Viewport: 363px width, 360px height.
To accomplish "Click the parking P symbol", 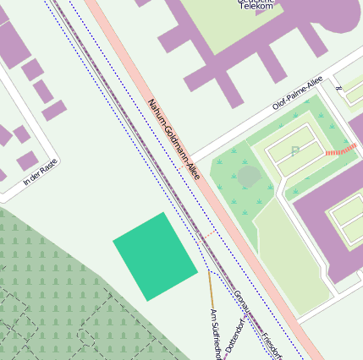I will point(294,151).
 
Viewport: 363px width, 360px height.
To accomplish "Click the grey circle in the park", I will point(249,177).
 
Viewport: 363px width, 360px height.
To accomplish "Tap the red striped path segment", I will point(340,151).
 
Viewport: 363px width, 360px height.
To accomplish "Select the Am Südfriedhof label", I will point(215,334).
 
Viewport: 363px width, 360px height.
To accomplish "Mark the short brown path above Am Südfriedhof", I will point(211,287).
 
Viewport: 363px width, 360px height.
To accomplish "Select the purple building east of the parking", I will point(326,211).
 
